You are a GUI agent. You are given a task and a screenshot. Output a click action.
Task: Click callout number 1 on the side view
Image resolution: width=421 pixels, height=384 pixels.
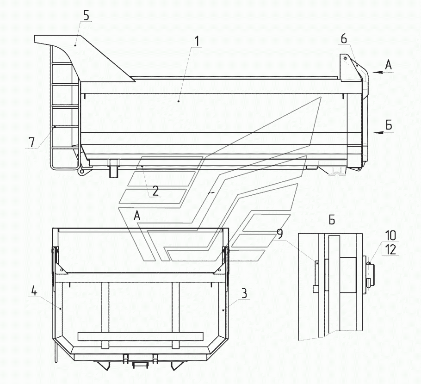(197, 42)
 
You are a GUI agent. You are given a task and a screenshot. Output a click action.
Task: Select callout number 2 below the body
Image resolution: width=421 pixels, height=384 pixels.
(155, 191)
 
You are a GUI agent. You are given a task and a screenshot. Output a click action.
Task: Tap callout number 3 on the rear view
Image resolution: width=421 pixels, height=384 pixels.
(244, 293)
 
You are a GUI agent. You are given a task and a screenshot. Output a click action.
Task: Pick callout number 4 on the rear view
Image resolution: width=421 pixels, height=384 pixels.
(34, 291)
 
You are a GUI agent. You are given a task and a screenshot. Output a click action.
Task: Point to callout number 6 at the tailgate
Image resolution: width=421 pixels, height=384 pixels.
(344, 39)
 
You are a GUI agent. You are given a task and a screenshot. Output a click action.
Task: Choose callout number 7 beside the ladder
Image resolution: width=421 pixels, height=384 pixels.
(31, 142)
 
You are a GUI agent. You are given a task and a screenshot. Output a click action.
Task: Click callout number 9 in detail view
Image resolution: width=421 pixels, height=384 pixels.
(280, 234)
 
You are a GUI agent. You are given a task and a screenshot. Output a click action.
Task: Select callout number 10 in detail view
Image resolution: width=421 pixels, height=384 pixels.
(390, 235)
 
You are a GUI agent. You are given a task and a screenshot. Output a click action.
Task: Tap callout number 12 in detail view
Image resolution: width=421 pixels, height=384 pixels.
(390, 249)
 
